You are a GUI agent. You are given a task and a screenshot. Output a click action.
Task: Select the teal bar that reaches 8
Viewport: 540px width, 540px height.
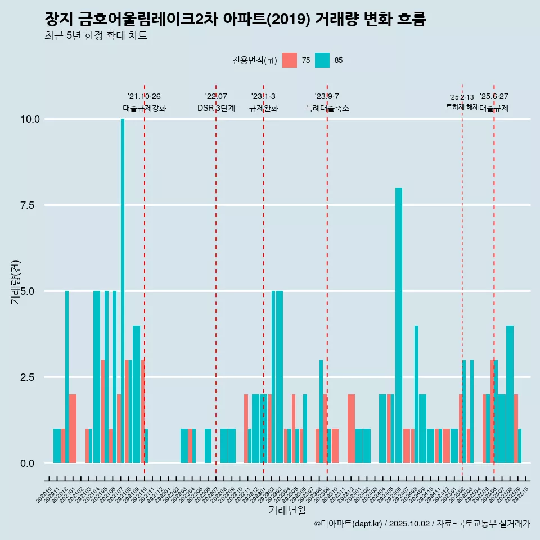click(399, 326)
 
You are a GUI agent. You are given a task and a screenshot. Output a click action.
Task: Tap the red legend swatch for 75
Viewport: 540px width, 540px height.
click(290, 60)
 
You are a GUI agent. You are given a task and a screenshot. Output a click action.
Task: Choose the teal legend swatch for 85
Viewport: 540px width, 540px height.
click(322, 60)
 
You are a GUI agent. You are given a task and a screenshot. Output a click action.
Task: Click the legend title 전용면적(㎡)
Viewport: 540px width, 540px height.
click(254, 61)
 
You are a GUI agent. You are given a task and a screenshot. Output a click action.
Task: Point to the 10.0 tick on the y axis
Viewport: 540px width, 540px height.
click(30, 119)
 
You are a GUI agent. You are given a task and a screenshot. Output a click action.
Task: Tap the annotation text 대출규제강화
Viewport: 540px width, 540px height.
click(145, 108)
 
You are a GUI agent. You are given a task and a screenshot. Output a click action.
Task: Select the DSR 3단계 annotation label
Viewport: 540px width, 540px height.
click(216, 108)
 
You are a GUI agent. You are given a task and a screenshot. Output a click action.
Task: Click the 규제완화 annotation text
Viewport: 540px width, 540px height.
click(264, 108)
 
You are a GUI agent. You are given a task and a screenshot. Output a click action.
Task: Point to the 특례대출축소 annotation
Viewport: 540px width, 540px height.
click(327, 108)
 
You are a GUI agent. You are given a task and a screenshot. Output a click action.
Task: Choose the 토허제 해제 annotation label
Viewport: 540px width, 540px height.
click(462, 106)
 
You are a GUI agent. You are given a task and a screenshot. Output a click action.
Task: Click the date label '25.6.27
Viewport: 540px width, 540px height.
click(494, 96)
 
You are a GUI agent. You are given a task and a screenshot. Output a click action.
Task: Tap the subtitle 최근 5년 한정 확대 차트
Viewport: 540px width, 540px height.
click(96, 36)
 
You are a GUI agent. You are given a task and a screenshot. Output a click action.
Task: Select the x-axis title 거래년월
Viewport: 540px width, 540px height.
click(287, 511)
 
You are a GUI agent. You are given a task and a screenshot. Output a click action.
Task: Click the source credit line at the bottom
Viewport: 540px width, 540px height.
click(422, 524)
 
